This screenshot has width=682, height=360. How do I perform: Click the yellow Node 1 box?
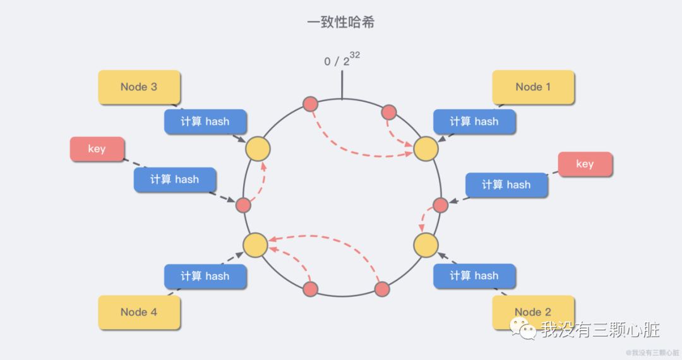[x=533, y=87]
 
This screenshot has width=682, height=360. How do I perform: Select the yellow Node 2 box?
[x=533, y=312]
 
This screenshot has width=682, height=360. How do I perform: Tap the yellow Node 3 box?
[x=139, y=87]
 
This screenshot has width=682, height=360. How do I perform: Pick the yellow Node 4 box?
[x=139, y=312]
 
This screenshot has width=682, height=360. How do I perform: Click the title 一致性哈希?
[x=341, y=22]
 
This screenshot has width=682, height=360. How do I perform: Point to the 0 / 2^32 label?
[x=341, y=60]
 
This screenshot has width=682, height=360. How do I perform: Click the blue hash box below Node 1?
[x=474, y=121]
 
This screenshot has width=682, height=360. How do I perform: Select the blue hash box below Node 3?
[x=205, y=121]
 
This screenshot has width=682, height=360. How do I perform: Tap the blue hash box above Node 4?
[x=205, y=276]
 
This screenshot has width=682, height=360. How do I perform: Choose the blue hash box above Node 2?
[x=474, y=276]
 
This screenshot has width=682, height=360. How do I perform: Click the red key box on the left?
[x=97, y=149]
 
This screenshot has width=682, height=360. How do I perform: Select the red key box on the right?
[x=585, y=164]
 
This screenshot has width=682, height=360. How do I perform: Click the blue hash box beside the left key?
[x=175, y=179]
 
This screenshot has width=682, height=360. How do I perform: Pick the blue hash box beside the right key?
[x=506, y=184]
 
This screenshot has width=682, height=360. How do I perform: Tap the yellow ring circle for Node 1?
[x=426, y=148]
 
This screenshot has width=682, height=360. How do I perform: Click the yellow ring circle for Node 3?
[x=258, y=148]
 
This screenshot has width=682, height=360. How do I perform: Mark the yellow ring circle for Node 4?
[x=256, y=245]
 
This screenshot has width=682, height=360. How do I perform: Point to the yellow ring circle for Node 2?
[x=426, y=245]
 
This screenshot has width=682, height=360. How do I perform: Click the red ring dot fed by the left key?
[x=244, y=205]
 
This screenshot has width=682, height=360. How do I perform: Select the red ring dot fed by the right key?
[x=441, y=205]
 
